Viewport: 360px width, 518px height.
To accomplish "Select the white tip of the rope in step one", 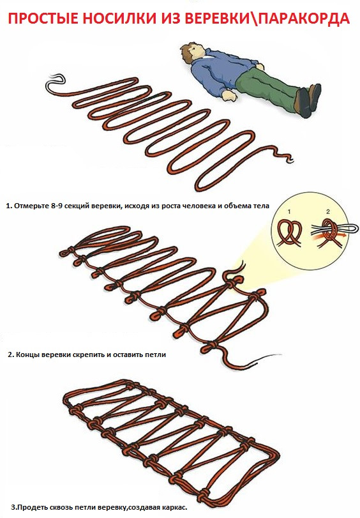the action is click(55, 82).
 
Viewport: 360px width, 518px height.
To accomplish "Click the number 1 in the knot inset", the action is click(289, 211).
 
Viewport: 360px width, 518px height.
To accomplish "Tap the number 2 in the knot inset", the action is click(328, 212).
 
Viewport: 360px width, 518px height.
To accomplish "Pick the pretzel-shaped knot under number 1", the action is click(290, 233).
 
